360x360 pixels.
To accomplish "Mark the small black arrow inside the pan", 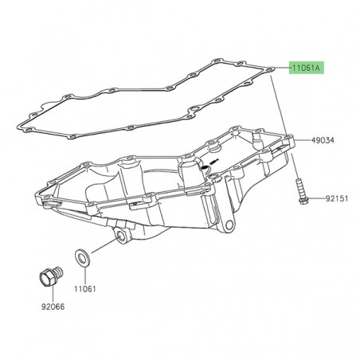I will coord(209,166).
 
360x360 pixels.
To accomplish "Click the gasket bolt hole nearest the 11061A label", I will coord(272,70).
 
